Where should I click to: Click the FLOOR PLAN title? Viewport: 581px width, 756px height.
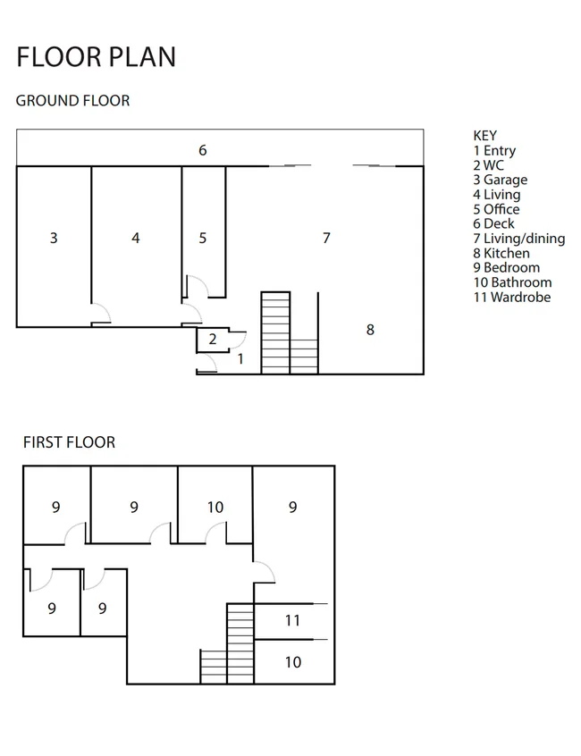tap(97, 57)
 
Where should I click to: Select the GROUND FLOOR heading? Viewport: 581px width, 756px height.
tap(72, 100)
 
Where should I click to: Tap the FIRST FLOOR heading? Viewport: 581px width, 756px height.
tap(70, 442)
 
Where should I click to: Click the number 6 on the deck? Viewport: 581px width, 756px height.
tap(203, 150)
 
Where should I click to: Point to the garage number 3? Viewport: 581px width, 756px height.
tap(54, 238)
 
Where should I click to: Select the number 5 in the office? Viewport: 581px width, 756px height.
tap(203, 238)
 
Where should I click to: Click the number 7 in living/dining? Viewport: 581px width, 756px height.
tap(326, 238)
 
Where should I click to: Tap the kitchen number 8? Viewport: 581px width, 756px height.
tap(370, 330)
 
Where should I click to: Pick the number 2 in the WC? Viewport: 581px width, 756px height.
tap(212, 339)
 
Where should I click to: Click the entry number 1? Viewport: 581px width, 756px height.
tap(240, 358)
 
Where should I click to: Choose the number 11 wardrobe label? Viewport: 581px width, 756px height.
tap(292, 620)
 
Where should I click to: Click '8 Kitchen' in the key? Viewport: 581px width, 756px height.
tap(501, 253)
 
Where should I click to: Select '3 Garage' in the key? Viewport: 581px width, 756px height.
tap(501, 180)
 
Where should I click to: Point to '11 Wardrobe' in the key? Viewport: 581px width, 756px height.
tap(512, 297)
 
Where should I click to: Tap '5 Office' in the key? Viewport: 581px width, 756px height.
tap(497, 209)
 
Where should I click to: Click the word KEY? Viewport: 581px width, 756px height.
tap(485, 136)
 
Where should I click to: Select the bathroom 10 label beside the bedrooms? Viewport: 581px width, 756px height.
tap(215, 508)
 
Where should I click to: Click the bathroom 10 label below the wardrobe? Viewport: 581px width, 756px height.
tap(292, 662)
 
